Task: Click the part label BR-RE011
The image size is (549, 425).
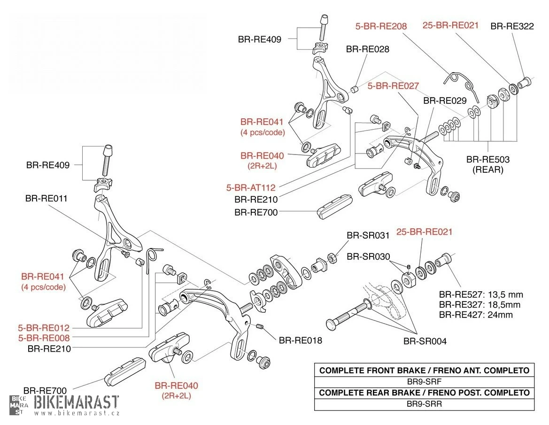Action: coord(46,199)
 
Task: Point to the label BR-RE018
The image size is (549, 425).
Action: coord(301,340)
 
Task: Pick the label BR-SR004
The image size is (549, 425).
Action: coord(425,341)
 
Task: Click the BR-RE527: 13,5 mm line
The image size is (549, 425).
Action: coord(481,295)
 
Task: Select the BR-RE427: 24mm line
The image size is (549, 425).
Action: coord(476,315)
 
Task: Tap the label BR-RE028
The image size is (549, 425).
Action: coord(368,49)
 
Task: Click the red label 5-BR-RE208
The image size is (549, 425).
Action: coord(381,26)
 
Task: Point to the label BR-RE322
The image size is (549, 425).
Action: coord(512,26)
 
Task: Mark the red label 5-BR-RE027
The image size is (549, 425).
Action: coord(393,86)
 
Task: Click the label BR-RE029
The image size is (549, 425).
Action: coord(445,100)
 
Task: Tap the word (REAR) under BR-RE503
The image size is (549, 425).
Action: coord(487,170)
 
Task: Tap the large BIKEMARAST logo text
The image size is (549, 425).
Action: coord(77,402)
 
